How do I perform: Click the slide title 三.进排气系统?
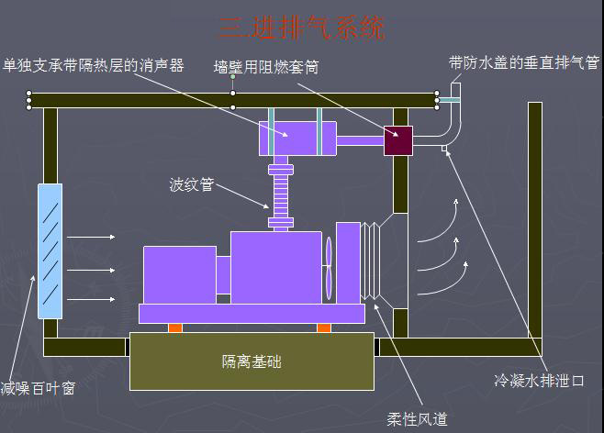point(301,28)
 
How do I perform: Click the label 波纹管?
point(191,184)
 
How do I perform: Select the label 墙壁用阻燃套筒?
point(265,67)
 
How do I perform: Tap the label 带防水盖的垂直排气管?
point(523,62)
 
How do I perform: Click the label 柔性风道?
point(417,419)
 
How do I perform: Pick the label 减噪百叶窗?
point(38,388)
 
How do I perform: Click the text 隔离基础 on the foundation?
point(252,361)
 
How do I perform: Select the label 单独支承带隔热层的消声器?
point(94,65)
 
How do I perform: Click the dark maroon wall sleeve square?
point(398,140)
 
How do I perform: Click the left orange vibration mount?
point(175,328)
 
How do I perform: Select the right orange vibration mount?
point(323,328)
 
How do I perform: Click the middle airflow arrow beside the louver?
point(92,270)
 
